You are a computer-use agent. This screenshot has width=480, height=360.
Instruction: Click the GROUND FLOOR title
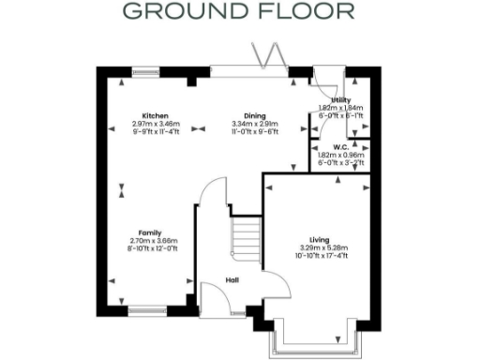239,12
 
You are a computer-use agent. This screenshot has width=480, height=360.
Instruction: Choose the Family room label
150,232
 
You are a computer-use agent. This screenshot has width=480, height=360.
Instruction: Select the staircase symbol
246,239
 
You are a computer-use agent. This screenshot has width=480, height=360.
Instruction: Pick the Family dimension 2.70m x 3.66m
150,241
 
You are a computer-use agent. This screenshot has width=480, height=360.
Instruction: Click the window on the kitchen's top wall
145,69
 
